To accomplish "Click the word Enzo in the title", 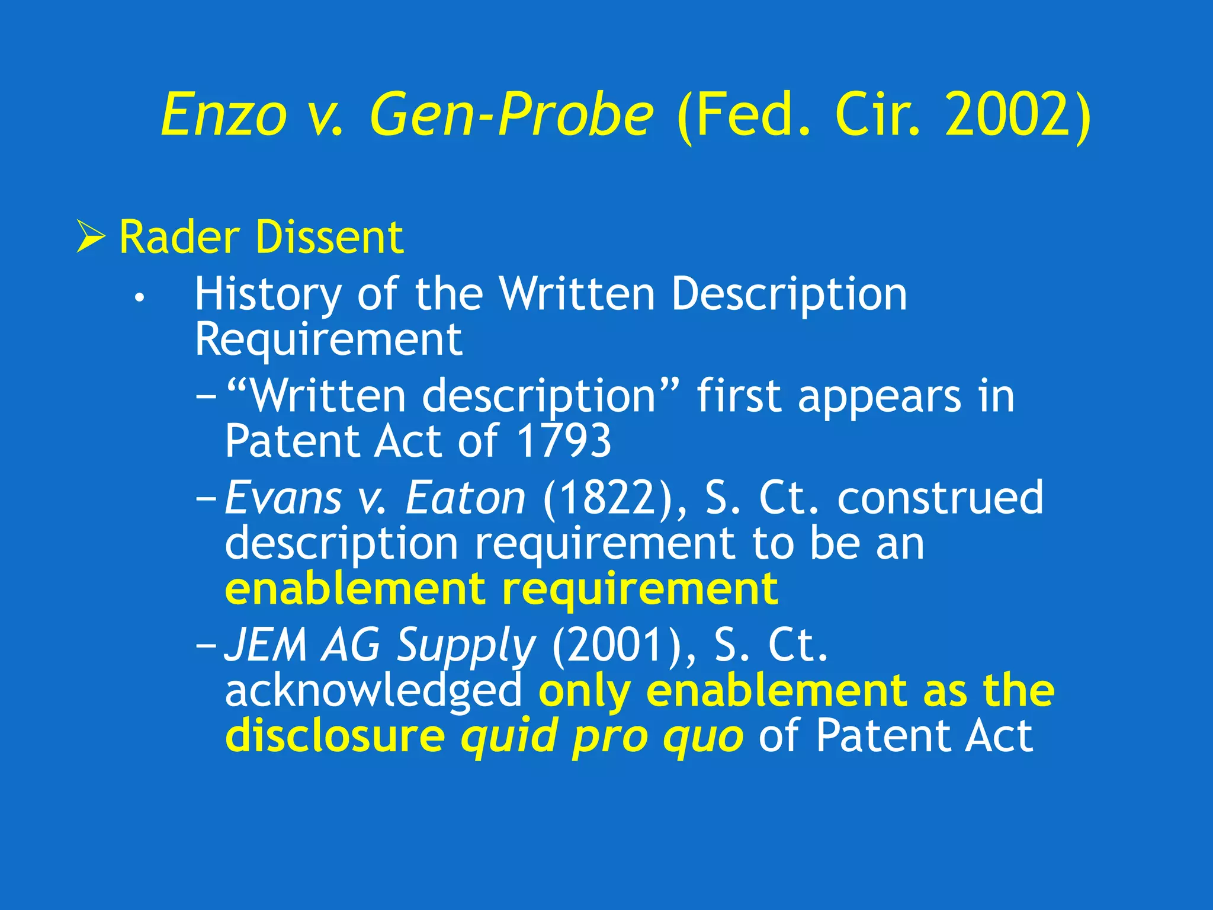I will tap(223, 114).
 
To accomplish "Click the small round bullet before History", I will tap(139, 299).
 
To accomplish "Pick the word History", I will tap(268, 294).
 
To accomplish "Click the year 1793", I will tap(563, 441).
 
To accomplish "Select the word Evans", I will tap(283, 498).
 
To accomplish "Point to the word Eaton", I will tap(465, 498).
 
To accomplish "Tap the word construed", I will tap(940, 498).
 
